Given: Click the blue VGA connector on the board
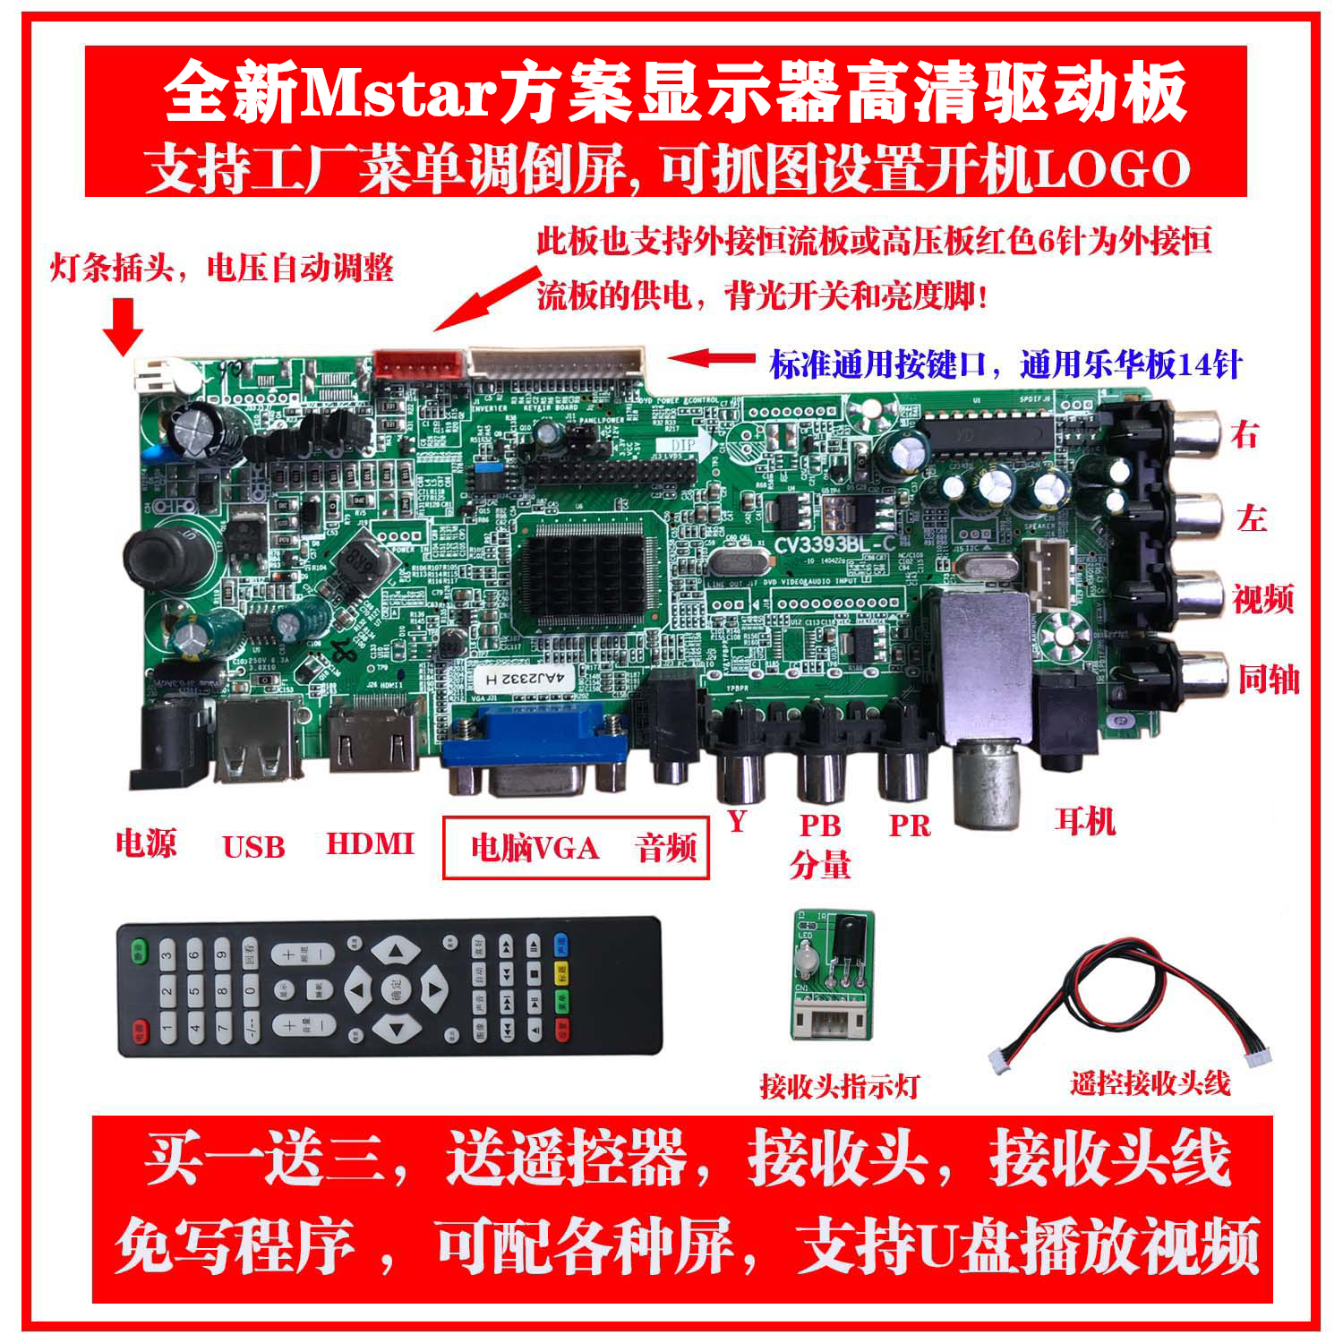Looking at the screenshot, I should [x=535, y=750].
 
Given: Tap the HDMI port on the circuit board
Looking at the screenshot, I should [x=373, y=736].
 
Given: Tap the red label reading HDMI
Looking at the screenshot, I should [x=370, y=843].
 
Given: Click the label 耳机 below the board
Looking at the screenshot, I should [x=1084, y=821].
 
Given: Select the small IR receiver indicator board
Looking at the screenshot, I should [x=833, y=974].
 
